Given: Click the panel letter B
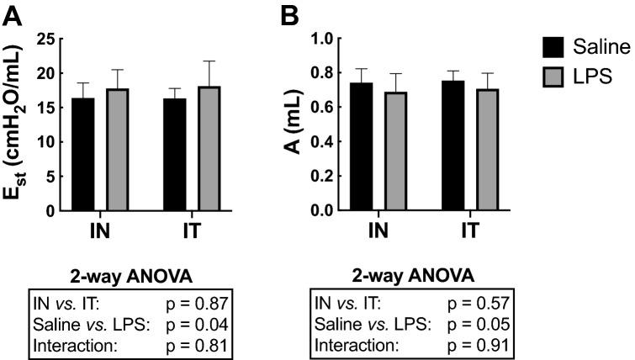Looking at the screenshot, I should pyautogui.click(x=289, y=14).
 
